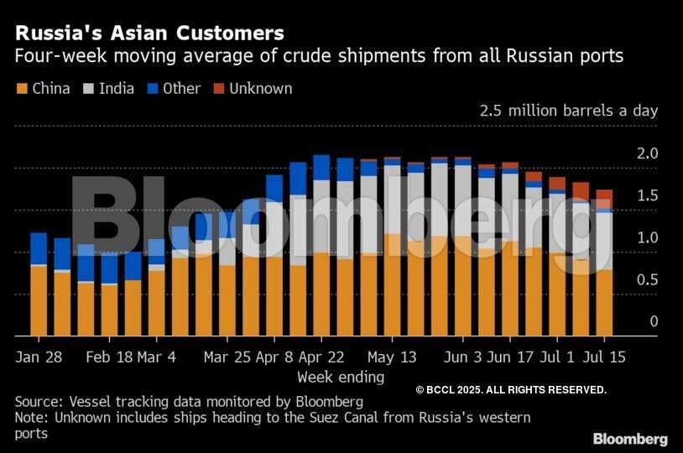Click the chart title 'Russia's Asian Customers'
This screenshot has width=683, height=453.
click(x=149, y=34)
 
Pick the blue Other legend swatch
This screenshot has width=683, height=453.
click(x=152, y=88)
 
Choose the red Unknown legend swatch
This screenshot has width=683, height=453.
click(x=218, y=88)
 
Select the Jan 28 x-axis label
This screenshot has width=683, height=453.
click(x=39, y=357)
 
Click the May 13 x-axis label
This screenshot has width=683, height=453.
click(x=392, y=357)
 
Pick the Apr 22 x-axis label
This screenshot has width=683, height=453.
click(x=321, y=357)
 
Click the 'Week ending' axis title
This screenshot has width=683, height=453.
click(x=341, y=377)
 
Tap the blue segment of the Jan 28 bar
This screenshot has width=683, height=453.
click(x=39, y=248)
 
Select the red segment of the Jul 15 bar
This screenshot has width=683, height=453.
click(x=604, y=198)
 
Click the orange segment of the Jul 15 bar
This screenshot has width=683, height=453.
click(x=604, y=302)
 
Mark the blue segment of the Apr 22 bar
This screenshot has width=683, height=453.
click(x=321, y=167)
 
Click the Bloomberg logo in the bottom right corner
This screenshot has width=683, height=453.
click(x=630, y=439)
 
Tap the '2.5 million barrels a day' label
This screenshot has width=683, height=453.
click(x=569, y=111)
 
